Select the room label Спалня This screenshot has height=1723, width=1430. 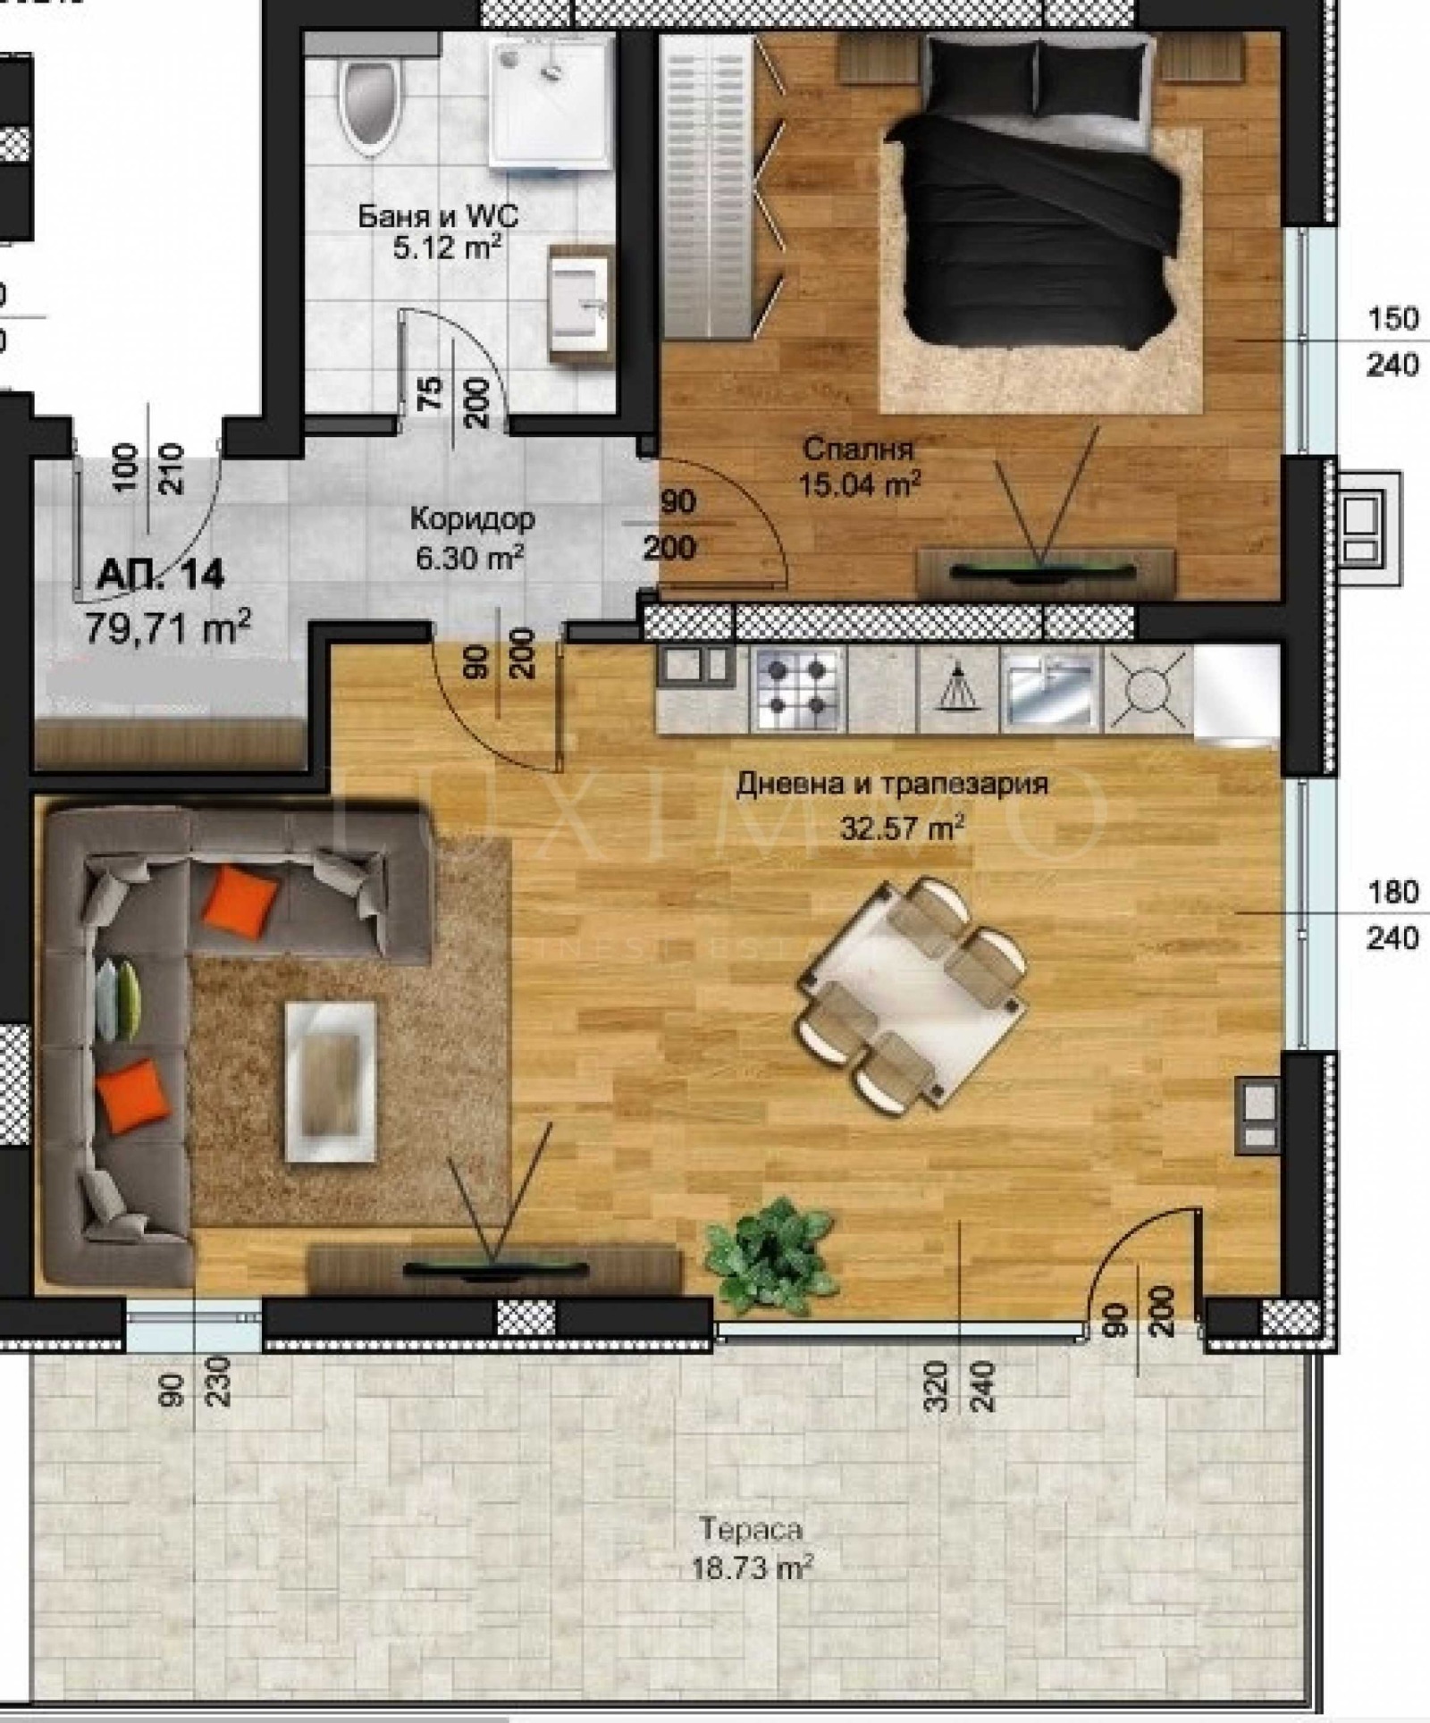pyautogui.click(x=858, y=449)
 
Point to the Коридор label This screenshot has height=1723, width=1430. pyautogui.click(x=472, y=518)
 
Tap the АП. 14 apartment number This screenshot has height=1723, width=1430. pyautogui.click(x=160, y=575)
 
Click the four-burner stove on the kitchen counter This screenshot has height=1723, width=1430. pyautogui.click(x=797, y=688)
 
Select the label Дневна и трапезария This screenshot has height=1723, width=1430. pyautogui.click(x=892, y=785)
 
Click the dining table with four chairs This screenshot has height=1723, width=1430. pyautogui.click(x=912, y=992)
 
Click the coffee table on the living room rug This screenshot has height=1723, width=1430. pyautogui.click(x=330, y=1080)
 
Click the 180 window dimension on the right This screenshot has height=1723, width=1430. pyautogui.click(x=1392, y=892)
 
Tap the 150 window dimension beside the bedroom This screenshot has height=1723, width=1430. pyautogui.click(x=1392, y=319)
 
